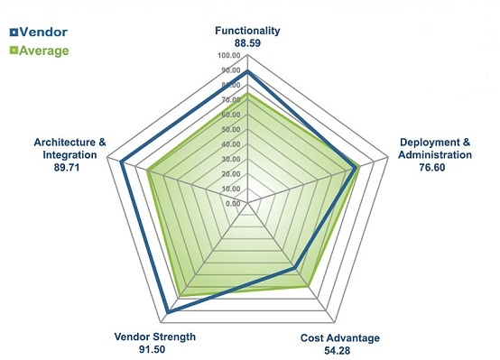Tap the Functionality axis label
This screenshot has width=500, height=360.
click(247, 31)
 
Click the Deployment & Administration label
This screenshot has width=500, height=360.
click(436, 148)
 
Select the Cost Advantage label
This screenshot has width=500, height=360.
click(339, 338)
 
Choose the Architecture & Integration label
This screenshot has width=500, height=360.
click(69, 148)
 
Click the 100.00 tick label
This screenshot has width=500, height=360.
click(229, 56)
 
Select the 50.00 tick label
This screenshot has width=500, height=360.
click(229, 129)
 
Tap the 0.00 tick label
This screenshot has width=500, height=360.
click(232, 204)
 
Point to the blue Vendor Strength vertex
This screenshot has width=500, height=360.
click(168, 313)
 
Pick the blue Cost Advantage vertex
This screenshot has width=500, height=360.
click(294, 268)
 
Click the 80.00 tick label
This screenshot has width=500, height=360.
click(229, 85)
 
